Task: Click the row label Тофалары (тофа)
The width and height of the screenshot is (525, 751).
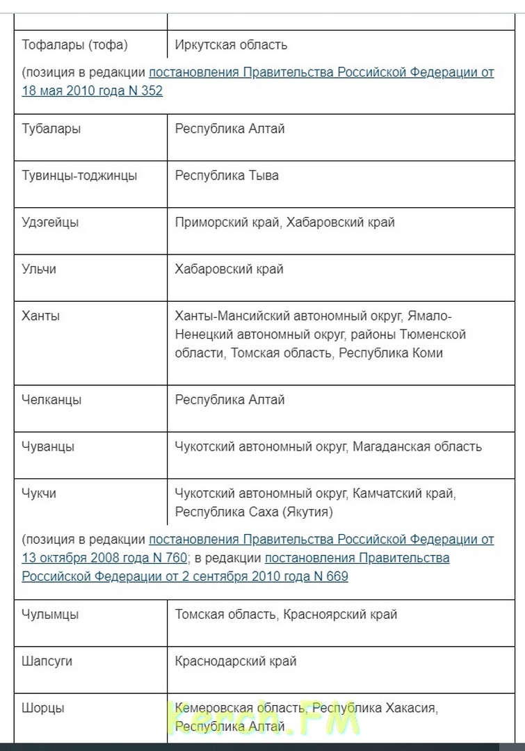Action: click(75, 45)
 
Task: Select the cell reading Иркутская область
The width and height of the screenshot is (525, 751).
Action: click(231, 45)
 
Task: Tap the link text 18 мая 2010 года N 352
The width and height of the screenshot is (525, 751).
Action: click(92, 90)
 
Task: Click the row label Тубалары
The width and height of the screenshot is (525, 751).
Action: click(51, 129)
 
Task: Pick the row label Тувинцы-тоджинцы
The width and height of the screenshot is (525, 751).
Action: click(79, 175)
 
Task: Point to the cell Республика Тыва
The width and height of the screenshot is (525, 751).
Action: click(227, 175)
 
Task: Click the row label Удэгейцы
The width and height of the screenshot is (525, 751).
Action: click(50, 223)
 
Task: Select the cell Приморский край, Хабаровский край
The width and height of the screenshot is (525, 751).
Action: click(284, 223)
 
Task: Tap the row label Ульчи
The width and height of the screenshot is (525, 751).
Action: click(39, 269)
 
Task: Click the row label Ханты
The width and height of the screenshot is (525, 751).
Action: click(41, 316)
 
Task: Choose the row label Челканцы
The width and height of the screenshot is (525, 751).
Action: click(51, 400)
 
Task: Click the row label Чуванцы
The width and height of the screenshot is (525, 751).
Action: click(48, 446)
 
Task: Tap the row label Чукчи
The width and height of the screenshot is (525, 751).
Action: click(39, 493)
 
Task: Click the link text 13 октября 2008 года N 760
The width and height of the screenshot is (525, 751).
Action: click(104, 558)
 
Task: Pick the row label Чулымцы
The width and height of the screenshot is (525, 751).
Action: click(50, 615)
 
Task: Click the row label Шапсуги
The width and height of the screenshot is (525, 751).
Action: click(47, 661)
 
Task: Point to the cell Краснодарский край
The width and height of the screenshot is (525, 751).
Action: click(236, 661)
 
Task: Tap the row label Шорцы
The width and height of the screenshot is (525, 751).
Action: click(43, 708)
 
